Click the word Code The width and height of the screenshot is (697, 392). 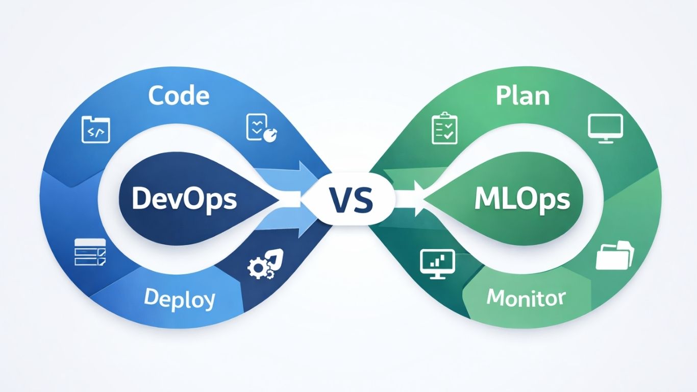pos(179,95)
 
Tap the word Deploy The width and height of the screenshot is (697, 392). pos(179,299)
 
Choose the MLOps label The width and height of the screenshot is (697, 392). pos(521,199)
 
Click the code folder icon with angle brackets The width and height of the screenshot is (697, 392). pos(95,130)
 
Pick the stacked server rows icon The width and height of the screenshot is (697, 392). pos(90,252)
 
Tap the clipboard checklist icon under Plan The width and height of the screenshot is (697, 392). pos(444,129)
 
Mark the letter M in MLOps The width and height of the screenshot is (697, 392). pos(485,199)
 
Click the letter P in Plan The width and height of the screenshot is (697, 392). pos(503,95)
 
